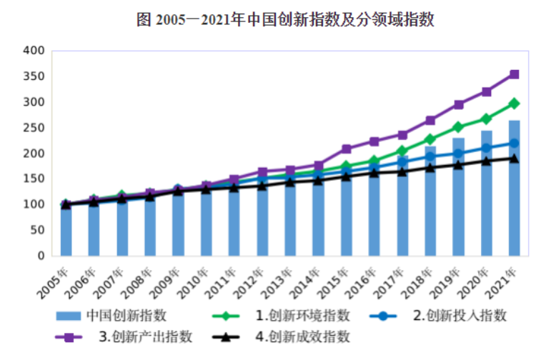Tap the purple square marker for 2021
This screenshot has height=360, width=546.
click(x=514, y=74)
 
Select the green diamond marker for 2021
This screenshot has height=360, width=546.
click(x=514, y=104)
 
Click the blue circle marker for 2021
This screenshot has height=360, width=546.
click(x=514, y=144)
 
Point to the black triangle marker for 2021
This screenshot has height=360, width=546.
click(x=514, y=158)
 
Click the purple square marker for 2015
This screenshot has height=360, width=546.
click(x=346, y=149)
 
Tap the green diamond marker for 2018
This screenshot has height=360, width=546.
click(x=430, y=139)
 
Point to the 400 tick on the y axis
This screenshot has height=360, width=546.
click(x=34, y=51)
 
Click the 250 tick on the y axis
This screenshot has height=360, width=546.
click(x=34, y=128)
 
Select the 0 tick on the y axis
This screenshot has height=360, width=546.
click(x=41, y=256)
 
